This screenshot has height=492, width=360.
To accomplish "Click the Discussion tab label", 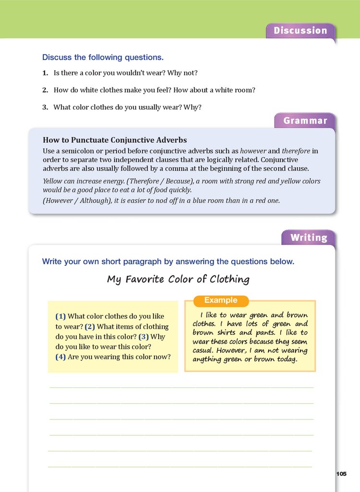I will point(300,31).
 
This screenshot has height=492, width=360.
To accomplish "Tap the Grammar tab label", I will point(305,121).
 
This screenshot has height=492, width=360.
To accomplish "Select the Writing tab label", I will point(309,237).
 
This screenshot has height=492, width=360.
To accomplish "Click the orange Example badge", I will point(221,300).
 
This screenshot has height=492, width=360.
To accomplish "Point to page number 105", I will point(340,474).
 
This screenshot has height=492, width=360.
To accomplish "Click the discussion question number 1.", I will point(45,73).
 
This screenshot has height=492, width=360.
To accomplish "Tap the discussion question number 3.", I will point(45,108).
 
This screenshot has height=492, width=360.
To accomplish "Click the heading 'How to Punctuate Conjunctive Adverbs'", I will point(115,140).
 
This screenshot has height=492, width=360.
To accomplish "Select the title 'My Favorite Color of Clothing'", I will point(178,279).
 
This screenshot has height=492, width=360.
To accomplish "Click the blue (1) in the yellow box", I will point(61,316).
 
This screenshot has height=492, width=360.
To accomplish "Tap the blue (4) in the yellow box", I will point(61,357).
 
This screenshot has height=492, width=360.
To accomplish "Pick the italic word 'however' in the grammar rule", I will point(253,151).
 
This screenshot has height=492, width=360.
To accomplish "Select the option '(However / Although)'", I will point(76,201).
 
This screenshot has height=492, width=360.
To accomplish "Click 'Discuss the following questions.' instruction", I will point(103,57).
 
